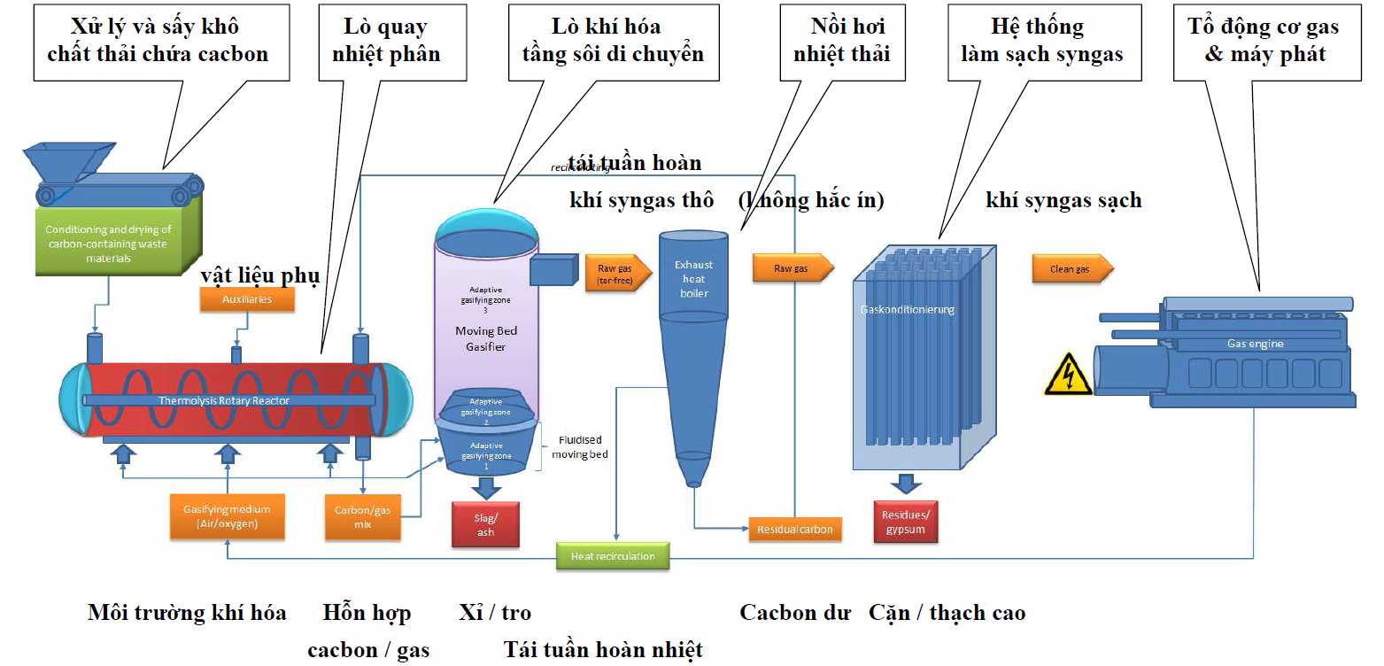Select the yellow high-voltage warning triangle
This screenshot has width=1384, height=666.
(1067, 375)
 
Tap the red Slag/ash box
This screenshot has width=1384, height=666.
(485, 524)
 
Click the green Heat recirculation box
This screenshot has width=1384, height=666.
(613, 556)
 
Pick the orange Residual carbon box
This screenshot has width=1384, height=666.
(794, 530)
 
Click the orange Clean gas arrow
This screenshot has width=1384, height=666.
(1071, 268)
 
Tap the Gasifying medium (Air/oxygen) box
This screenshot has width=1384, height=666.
(227, 515)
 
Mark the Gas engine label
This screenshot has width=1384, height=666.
(1255, 344)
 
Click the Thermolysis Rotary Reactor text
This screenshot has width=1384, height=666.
(224, 400)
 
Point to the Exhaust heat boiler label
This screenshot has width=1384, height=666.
(693, 278)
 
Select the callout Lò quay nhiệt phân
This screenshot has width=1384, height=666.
(385, 41)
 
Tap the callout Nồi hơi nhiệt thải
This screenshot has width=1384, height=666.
(841, 41)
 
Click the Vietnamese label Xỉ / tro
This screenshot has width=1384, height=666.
(494, 613)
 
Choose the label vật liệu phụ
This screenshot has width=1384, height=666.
(259, 276)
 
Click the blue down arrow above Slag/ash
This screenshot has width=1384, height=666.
(485, 486)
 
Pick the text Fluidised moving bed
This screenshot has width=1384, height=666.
(579, 447)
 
